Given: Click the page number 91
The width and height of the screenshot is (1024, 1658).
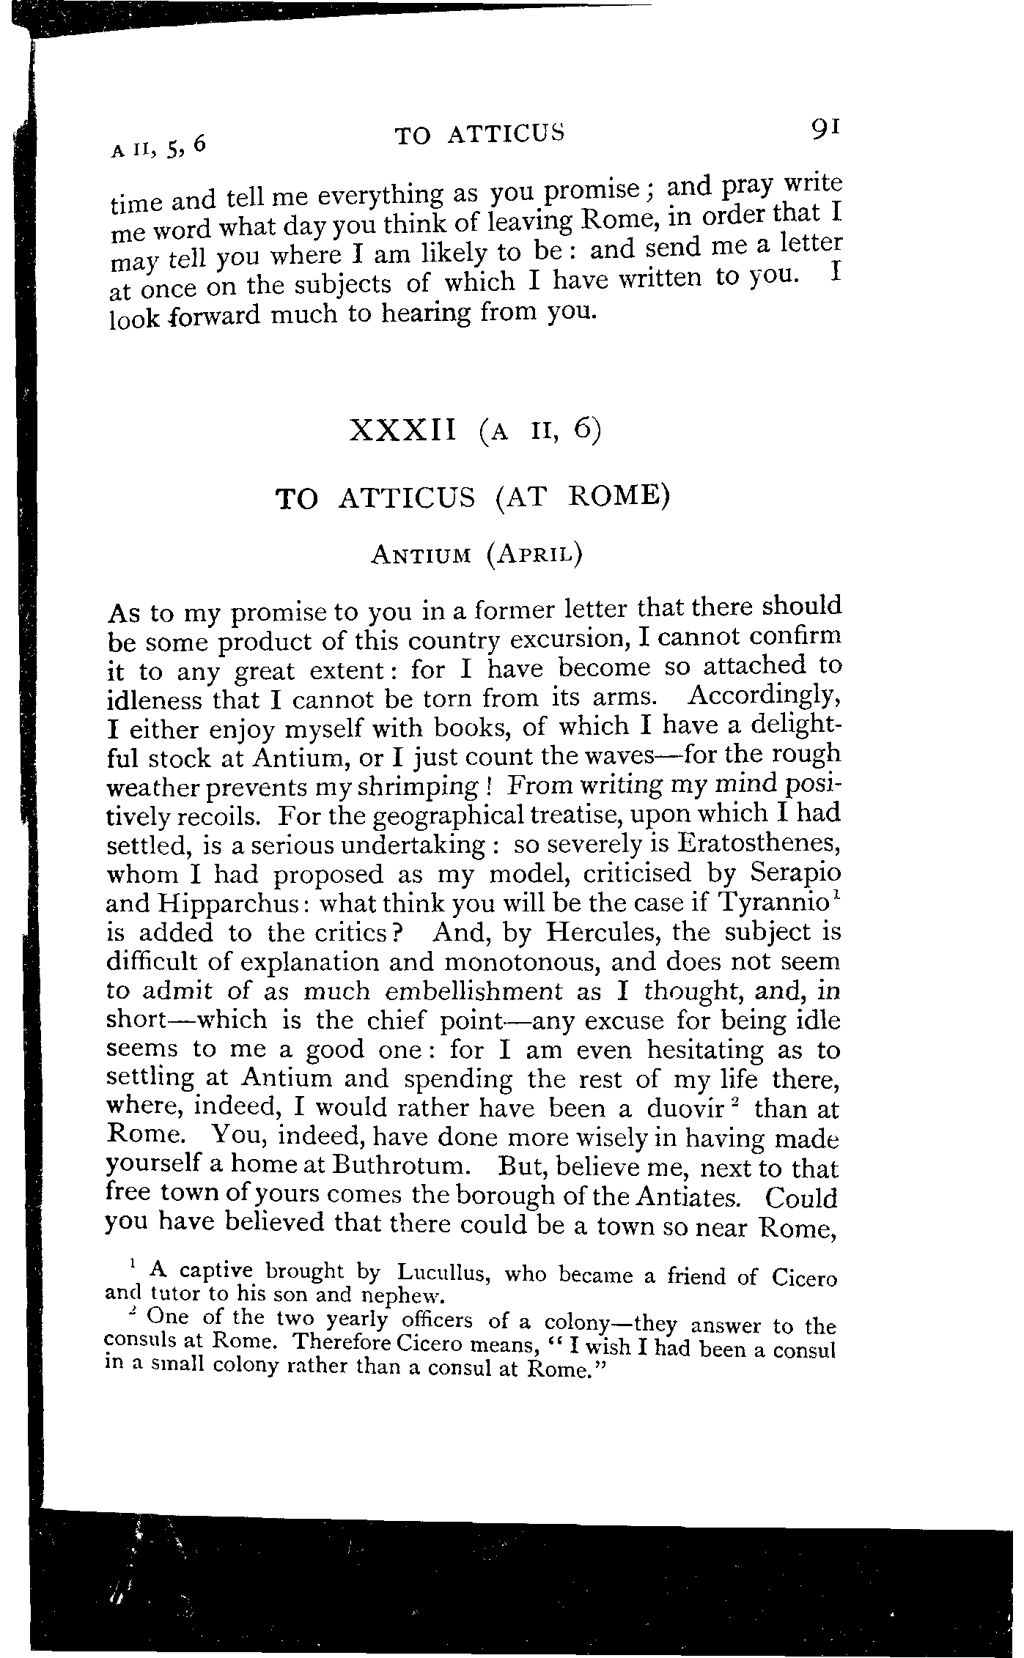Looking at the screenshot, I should (x=824, y=128).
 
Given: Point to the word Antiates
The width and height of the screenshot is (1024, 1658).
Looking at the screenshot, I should (x=685, y=1196).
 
